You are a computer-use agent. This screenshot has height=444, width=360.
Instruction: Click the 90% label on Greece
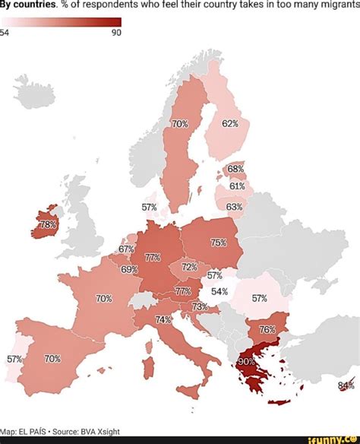click(x=247, y=363)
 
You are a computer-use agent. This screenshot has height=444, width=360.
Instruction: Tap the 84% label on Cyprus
click(x=346, y=385)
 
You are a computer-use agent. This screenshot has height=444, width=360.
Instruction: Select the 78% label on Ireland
click(x=47, y=225)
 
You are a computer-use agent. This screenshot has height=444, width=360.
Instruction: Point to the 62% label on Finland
click(x=230, y=123)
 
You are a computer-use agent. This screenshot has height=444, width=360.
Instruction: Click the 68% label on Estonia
click(x=235, y=169)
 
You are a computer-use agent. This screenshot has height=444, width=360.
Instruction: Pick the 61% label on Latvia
click(x=236, y=186)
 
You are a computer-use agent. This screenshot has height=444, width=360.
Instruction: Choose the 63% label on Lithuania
click(x=234, y=207)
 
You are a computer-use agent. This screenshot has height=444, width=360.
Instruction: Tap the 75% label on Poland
click(x=219, y=243)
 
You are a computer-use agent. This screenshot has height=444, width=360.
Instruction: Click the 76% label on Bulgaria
click(x=267, y=329)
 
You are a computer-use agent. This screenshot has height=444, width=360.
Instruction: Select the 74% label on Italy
click(x=163, y=320)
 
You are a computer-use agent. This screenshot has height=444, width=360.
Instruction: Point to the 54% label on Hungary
click(x=219, y=291)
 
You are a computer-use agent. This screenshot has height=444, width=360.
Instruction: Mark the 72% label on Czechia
click(x=189, y=267)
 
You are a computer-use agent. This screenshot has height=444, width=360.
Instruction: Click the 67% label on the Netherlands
click(x=126, y=249)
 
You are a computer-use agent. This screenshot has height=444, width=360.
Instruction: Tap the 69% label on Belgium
click(x=128, y=269)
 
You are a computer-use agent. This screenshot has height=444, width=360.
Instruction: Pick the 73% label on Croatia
click(x=199, y=306)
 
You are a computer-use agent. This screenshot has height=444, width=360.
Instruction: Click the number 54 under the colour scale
click(x=5, y=33)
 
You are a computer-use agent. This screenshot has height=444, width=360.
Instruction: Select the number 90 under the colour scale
click(x=116, y=33)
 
